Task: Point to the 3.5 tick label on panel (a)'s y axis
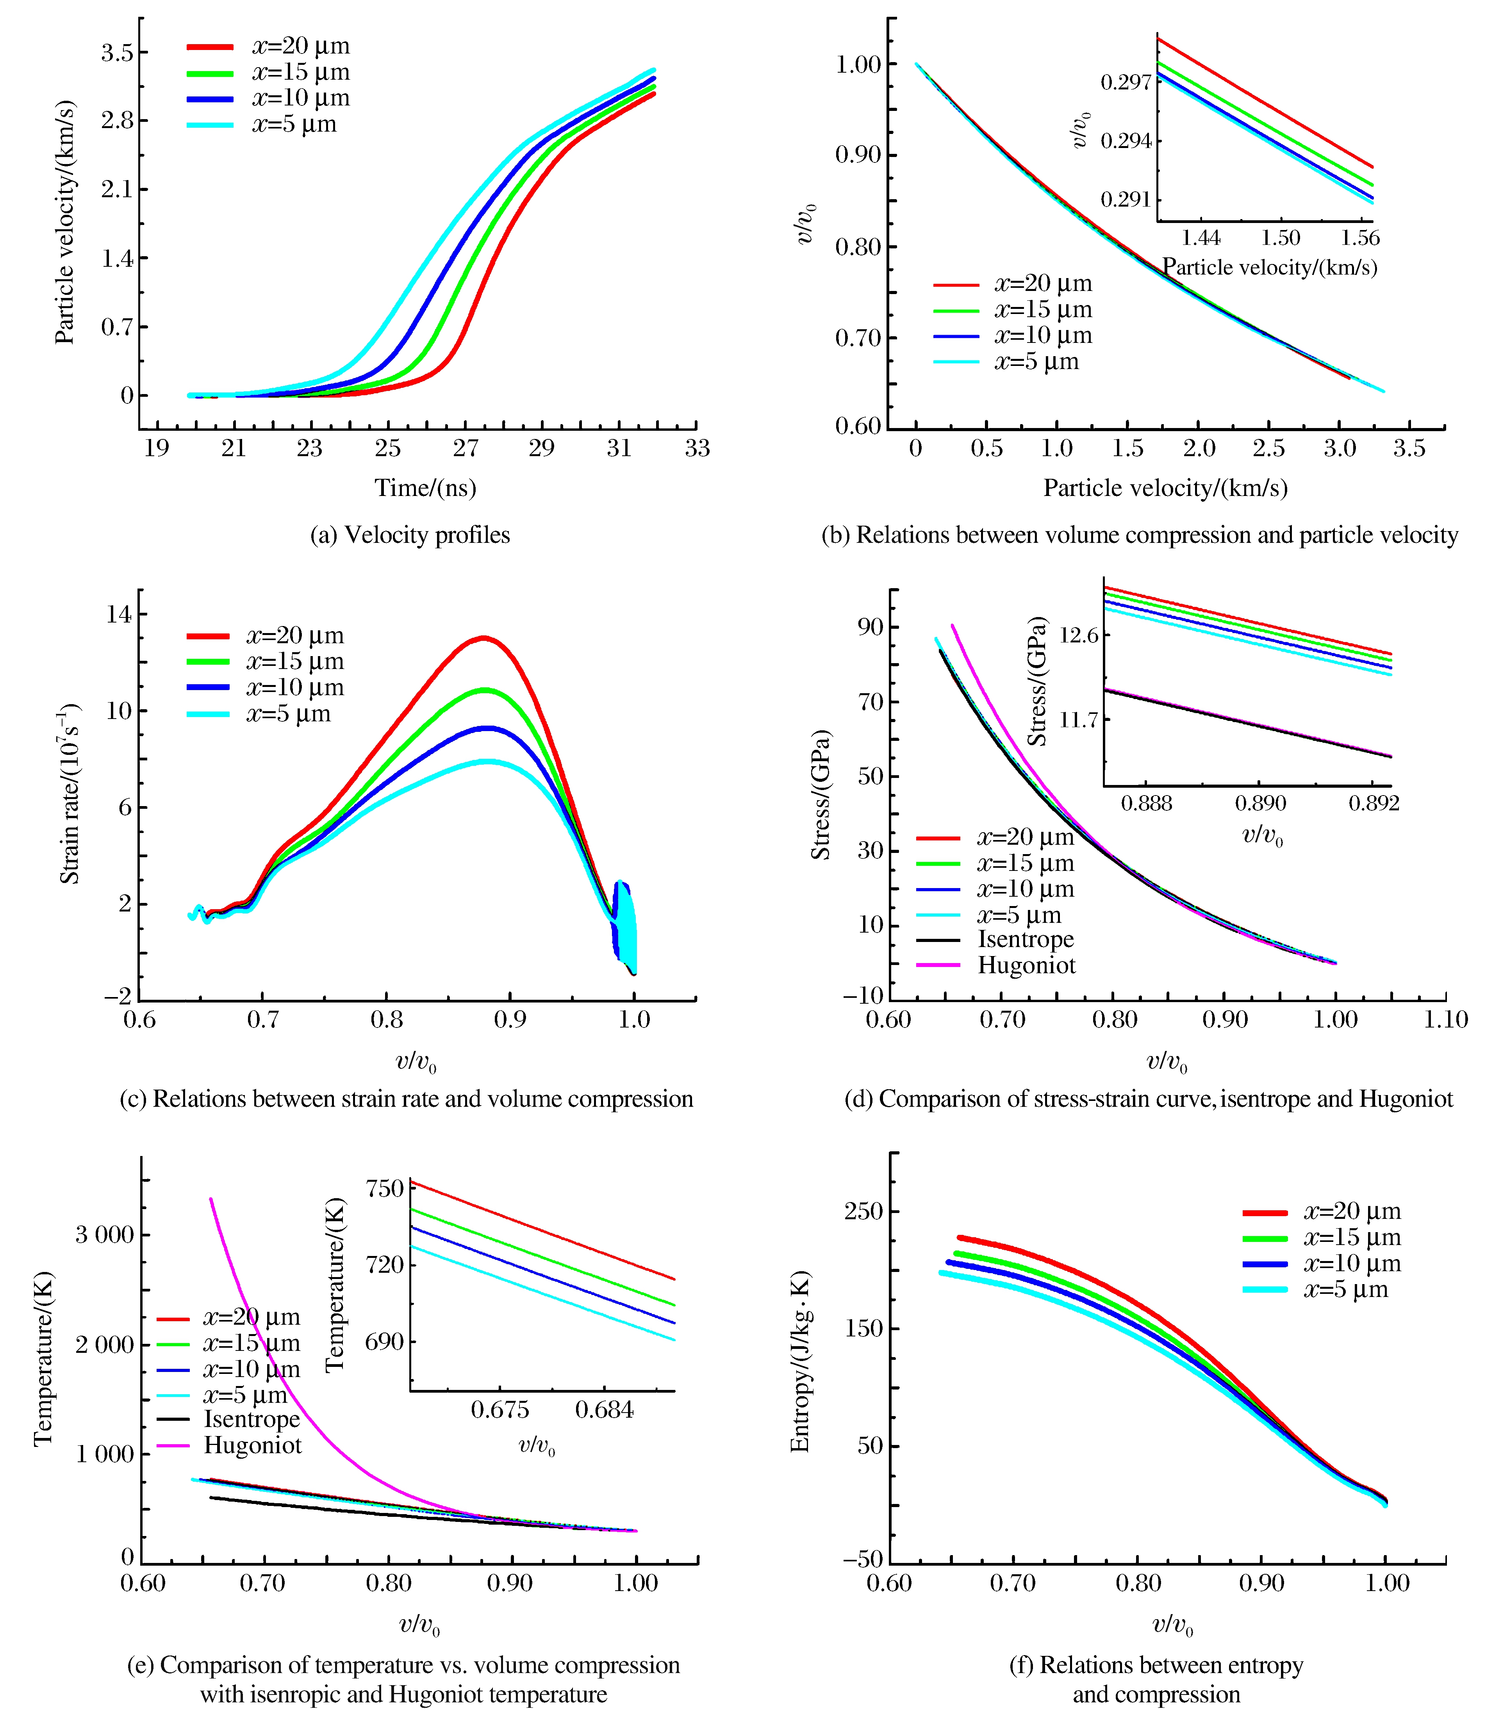117,53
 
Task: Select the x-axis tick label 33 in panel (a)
696,448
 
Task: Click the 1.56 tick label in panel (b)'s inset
1359,238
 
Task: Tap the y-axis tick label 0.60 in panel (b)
858,426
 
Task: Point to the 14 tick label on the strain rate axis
118,614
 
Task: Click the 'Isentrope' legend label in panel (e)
252,1419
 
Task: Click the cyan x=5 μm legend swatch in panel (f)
1265,1289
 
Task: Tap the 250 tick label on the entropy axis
863,1211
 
